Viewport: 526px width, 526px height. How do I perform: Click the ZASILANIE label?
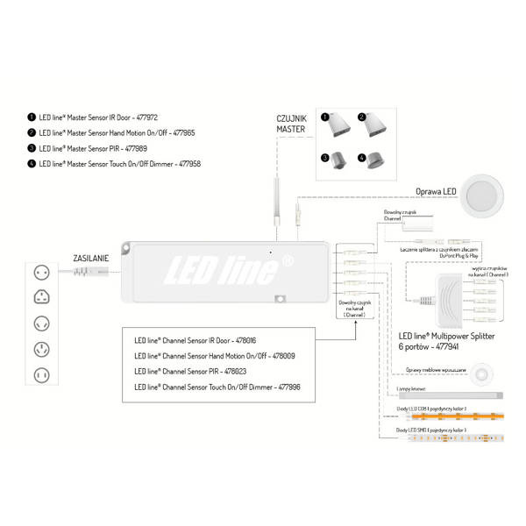pos(91,259)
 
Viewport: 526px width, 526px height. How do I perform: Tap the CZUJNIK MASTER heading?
pos(291,124)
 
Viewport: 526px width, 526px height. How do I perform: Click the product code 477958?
pos(211,163)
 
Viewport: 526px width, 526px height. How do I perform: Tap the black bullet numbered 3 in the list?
pos(32,148)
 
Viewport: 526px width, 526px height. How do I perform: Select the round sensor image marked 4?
pos(370,160)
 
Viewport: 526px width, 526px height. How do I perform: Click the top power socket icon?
pos(39,273)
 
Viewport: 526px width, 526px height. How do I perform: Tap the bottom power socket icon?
pos(39,376)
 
